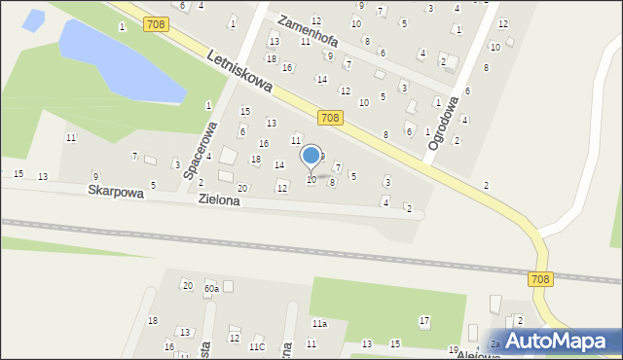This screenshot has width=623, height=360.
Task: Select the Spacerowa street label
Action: [x=198, y=151]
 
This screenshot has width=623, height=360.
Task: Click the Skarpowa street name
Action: [x=116, y=193]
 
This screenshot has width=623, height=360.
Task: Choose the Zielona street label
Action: [x=220, y=200]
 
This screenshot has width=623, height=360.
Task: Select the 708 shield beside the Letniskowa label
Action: [x=155, y=22]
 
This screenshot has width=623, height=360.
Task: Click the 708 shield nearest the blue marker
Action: [x=330, y=118]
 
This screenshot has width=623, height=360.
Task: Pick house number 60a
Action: [x=210, y=288]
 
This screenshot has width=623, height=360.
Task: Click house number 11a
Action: [x=319, y=323]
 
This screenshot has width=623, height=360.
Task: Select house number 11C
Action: [x=257, y=346]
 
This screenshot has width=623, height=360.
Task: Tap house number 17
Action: [x=423, y=320]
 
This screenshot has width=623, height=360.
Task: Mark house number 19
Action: [x=453, y=349]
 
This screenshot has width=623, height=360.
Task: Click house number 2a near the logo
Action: [x=495, y=343]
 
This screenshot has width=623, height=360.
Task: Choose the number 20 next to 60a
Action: [x=187, y=285]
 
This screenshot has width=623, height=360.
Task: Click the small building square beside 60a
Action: [x=228, y=286]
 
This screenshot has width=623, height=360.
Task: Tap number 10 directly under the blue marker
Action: [x=311, y=180]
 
